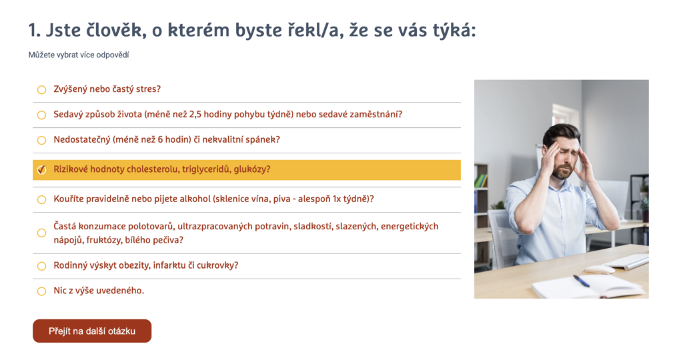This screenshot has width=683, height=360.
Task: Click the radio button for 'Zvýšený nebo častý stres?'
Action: (41, 90)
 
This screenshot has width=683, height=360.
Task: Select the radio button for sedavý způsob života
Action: (41, 115)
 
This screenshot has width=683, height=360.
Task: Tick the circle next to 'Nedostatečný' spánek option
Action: (41, 140)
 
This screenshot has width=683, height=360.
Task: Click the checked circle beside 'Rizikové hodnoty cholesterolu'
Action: (41, 170)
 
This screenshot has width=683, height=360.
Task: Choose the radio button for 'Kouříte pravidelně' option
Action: (41, 199)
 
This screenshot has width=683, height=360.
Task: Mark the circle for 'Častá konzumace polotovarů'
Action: (41, 233)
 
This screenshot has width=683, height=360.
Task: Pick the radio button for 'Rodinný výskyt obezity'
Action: (41, 266)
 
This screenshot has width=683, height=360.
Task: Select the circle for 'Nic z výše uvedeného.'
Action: (41, 291)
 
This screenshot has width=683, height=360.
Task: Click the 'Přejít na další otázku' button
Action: (92, 331)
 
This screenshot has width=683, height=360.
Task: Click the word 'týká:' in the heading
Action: (453, 31)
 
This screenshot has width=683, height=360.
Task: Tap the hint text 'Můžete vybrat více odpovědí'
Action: (79, 55)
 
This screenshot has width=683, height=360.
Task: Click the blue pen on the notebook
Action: (581, 281)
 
